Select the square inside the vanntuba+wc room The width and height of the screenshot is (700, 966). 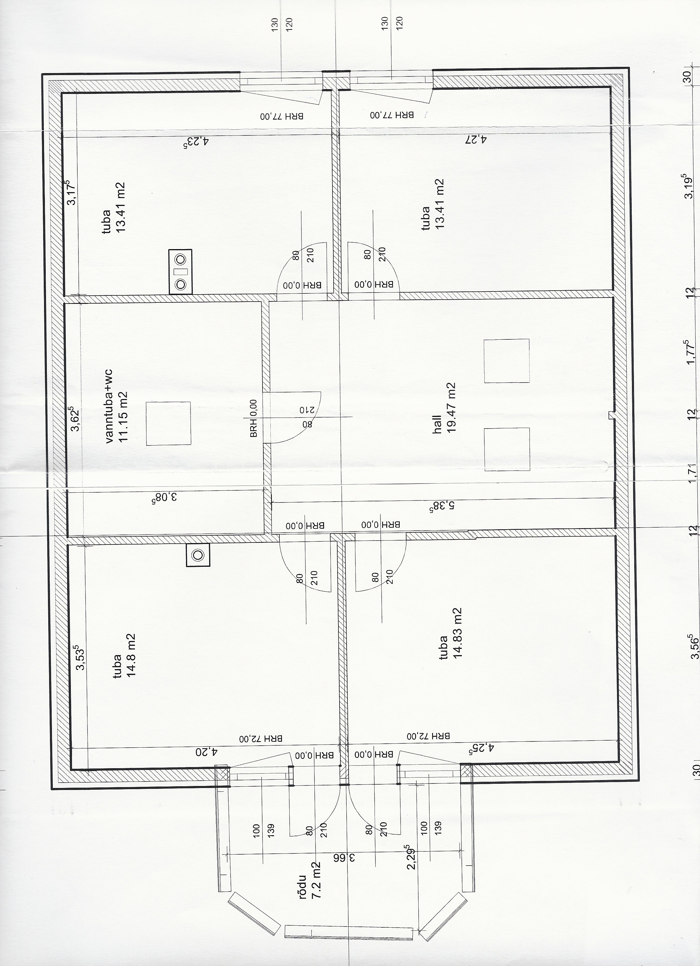pyautogui.click(x=168, y=423)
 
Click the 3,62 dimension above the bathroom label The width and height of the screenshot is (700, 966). pyautogui.click(x=75, y=418)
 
